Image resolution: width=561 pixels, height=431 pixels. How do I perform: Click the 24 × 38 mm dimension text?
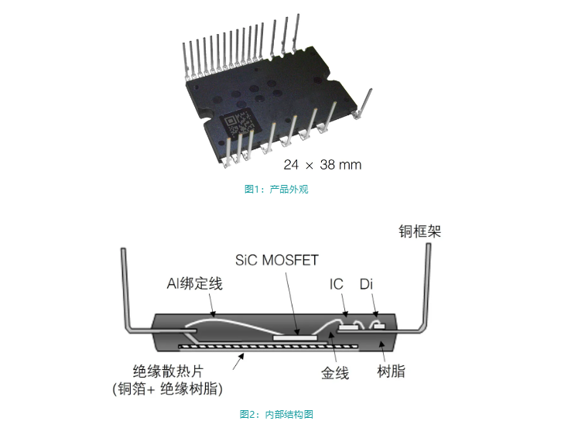323,165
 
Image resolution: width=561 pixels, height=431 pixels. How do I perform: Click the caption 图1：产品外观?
276,190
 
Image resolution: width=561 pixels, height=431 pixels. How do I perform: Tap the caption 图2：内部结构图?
276,414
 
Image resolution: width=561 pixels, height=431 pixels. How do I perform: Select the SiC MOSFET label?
276,260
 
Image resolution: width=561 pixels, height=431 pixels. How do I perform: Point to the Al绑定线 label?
195,284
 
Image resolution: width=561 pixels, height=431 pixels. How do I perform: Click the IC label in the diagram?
337,284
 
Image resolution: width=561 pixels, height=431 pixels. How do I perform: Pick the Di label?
366,284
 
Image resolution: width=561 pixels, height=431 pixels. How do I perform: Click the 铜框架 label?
419,231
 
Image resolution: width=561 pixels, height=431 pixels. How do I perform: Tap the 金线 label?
335,373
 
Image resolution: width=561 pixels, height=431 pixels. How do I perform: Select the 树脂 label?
391,371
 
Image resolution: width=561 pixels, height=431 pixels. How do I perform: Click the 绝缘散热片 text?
168,371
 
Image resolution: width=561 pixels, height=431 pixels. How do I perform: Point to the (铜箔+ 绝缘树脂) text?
167,388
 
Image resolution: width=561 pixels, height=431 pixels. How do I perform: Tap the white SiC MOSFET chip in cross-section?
295,337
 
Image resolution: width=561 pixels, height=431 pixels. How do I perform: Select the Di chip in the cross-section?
379,327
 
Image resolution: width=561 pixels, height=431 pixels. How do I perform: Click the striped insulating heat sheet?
269,347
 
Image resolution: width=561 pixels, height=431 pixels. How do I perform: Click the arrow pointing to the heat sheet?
238,361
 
